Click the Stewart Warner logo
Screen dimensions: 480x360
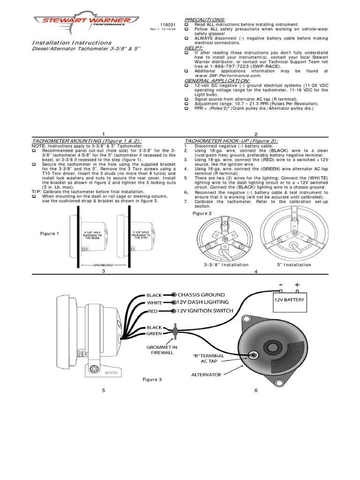coord(86,21)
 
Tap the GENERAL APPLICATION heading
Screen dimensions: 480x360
coord(214,81)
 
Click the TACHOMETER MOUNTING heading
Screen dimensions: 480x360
coord(87,141)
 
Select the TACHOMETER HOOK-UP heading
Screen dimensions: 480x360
coord(231,141)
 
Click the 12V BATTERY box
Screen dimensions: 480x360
coord(289,300)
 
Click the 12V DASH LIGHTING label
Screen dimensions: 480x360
coord(203,303)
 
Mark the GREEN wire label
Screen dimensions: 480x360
coord(154,334)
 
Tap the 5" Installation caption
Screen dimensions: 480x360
coord(293,265)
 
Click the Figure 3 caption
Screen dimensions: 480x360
coord(152,380)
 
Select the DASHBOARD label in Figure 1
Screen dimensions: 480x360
coord(104,264)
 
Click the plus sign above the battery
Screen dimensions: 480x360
coord(296,285)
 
